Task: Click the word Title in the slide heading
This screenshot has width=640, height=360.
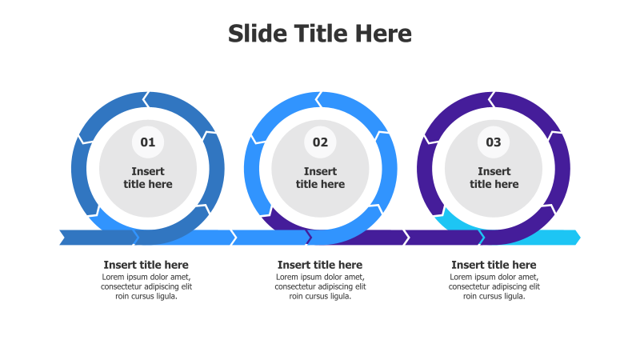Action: (x=320, y=34)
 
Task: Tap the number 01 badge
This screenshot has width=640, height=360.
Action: (x=148, y=142)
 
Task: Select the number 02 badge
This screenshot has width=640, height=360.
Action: (x=320, y=142)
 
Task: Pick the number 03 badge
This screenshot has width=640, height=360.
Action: (x=494, y=142)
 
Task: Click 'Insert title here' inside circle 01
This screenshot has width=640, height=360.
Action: (x=148, y=178)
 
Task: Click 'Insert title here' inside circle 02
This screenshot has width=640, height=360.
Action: (x=320, y=178)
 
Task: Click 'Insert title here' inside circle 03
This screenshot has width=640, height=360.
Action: (x=494, y=178)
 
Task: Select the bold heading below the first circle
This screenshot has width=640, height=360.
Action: (x=146, y=265)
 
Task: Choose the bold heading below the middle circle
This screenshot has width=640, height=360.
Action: (x=320, y=265)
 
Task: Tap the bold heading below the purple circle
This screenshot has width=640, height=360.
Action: (x=494, y=265)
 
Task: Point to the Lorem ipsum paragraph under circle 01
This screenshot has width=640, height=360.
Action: (x=146, y=286)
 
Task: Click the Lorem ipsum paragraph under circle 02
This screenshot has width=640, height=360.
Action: (x=320, y=286)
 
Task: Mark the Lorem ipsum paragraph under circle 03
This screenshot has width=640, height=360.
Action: (x=494, y=286)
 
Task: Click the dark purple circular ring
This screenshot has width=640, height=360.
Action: (x=560, y=168)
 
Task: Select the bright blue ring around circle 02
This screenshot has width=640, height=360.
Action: (x=387, y=168)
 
